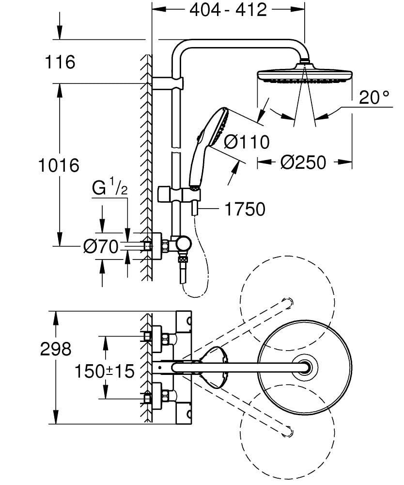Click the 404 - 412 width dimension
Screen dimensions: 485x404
pos(228,10)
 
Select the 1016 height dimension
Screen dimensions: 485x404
pos(59,165)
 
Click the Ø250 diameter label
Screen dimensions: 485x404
pos(304,162)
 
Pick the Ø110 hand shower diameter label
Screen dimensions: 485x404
pos(247,142)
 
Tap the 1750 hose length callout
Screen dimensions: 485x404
pos(245,209)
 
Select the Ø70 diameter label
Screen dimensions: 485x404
pos(100,247)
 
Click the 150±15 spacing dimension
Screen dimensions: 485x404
pos(104,372)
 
